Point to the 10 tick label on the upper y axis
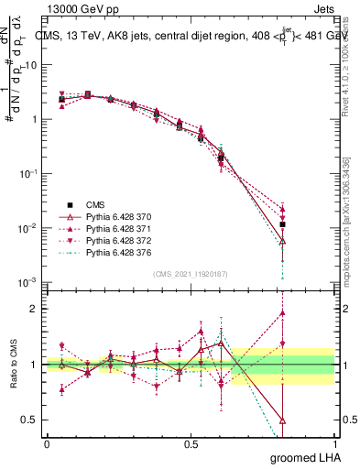(x=31, y=65)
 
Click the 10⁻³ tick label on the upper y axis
(x=28, y=282)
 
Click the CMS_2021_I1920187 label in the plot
(x=190, y=274)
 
